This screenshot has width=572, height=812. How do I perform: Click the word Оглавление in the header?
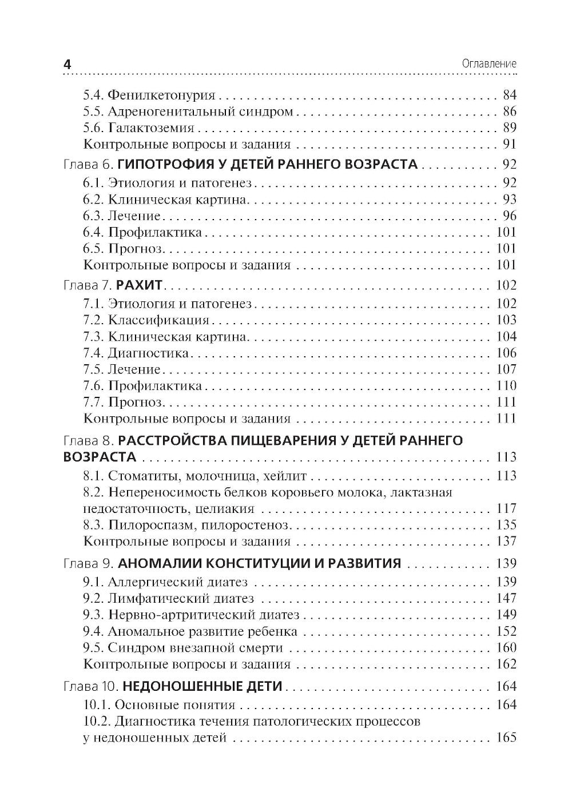[x=488, y=64]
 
